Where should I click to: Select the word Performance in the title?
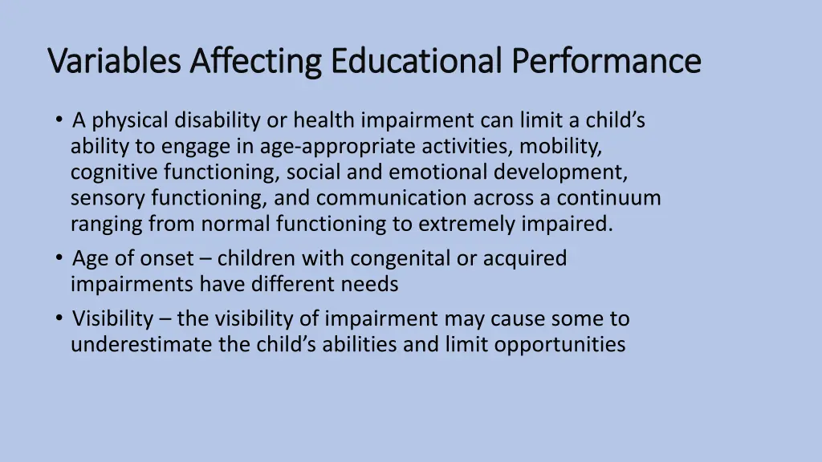(x=607, y=61)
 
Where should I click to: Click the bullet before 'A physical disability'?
(x=60, y=120)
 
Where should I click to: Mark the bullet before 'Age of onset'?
(x=60, y=258)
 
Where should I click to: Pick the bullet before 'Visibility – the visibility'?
(x=60, y=318)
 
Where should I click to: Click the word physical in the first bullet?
(x=129, y=121)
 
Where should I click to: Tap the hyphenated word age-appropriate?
(x=327, y=147)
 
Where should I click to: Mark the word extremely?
(x=459, y=224)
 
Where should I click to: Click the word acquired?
(x=525, y=258)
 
